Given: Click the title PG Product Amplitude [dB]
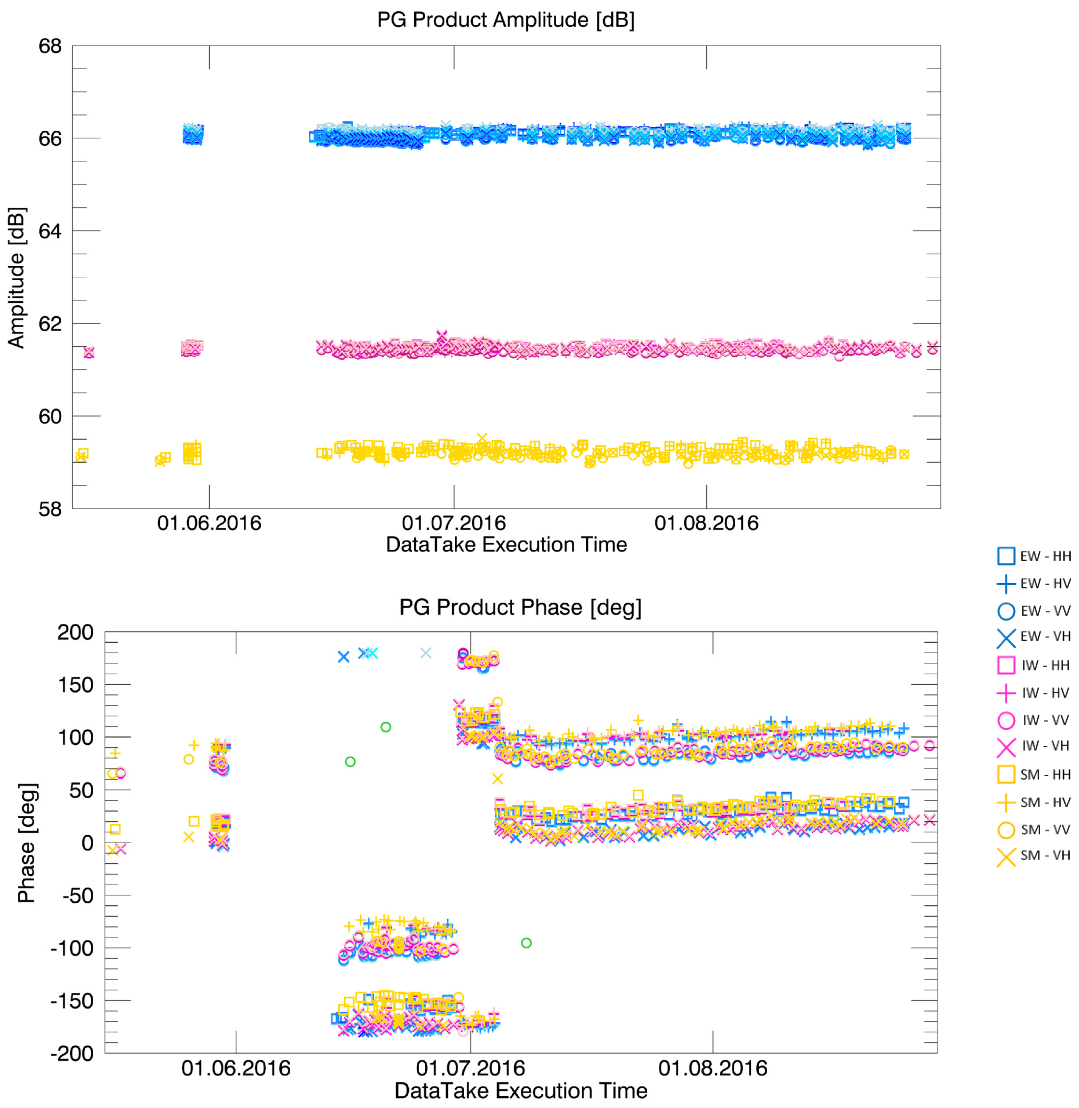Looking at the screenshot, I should click(x=505, y=20).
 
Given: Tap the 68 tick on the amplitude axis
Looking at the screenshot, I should click(x=50, y=46).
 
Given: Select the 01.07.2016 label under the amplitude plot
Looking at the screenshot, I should click(x=453, y=523).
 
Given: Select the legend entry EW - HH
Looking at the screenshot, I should click(x=1034, y=556).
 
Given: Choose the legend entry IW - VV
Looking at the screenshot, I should click(x=1034, y=720).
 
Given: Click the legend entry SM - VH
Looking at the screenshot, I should click(x=1034, y=855).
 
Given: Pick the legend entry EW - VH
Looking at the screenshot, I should click(x=1034, y=636).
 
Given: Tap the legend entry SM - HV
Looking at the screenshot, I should click(x=1034, y=802).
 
